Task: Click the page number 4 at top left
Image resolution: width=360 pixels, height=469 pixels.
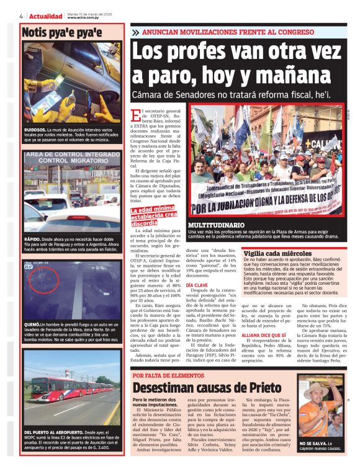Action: [21, 16]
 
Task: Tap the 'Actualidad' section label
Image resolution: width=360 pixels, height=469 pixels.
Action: [46, 16]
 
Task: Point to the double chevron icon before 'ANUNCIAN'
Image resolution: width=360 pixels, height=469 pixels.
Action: [135, 32]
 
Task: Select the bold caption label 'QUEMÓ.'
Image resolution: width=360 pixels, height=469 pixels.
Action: [32, 324]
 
